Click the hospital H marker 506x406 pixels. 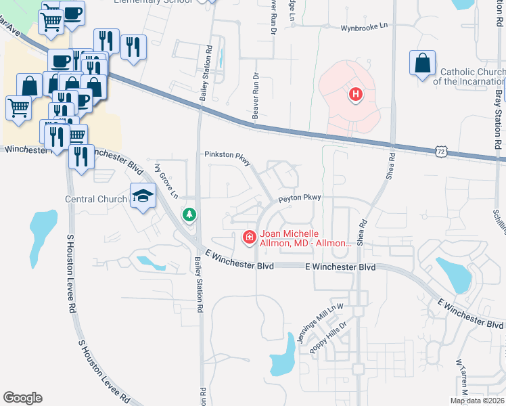[355, 95]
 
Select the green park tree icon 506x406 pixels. [190, 215]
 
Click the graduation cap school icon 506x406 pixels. [143, 196]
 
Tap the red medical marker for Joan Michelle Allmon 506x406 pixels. [249, 236]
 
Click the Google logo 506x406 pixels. [22, 398]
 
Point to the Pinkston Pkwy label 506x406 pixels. [228, 155]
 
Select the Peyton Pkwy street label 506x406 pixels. [298, 198]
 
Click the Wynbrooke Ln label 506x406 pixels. [365, 26]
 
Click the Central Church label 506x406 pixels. [96, 199]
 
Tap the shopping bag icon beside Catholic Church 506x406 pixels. [422, 64]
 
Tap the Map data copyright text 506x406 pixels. [478, 401]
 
